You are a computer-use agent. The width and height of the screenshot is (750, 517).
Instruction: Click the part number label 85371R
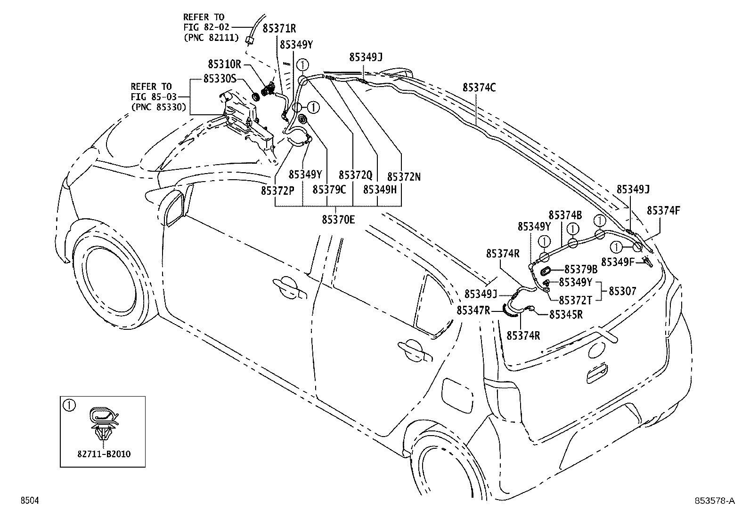279,29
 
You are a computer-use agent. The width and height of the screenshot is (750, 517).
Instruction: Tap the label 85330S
220,79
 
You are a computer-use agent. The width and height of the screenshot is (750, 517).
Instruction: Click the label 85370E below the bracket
338,220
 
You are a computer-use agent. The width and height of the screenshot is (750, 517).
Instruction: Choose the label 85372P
277,190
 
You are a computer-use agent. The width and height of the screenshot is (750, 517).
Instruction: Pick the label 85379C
329,190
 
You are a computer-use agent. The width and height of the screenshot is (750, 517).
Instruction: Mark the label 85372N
404,177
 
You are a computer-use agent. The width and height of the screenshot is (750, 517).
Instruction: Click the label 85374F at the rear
663,210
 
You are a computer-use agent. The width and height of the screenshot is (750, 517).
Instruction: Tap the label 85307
622,291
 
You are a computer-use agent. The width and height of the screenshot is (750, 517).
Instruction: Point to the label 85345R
565,314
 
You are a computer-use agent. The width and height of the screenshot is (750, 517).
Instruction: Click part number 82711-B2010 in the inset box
104,454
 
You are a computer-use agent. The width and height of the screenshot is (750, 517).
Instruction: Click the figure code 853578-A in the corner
714,501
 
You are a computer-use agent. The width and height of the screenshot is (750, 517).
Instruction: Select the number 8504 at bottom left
29,501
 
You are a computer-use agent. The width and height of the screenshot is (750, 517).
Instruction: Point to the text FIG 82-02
205,28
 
